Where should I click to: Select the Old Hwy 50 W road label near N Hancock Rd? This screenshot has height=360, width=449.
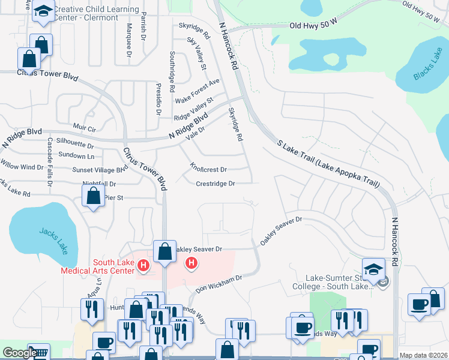coord(314,26)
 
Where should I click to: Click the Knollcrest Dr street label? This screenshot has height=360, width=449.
coord(208,170)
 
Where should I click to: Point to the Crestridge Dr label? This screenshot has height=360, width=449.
coord(215,184)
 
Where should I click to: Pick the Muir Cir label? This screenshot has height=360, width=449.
coord(84,128)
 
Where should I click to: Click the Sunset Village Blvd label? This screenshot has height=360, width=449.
coord(100,170)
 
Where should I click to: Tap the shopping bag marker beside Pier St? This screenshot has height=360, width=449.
coord(94,196)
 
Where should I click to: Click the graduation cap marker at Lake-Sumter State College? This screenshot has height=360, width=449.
coord(373,268)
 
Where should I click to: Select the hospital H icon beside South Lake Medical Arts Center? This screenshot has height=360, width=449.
coord(143,265)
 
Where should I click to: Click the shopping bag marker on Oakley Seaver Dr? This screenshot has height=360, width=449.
coord(164,251)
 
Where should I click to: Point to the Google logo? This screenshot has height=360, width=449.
coord(19,353)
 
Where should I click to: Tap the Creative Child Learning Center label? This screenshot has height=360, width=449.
coord(96,14)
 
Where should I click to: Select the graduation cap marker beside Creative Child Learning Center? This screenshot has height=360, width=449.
coord(43,12)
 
